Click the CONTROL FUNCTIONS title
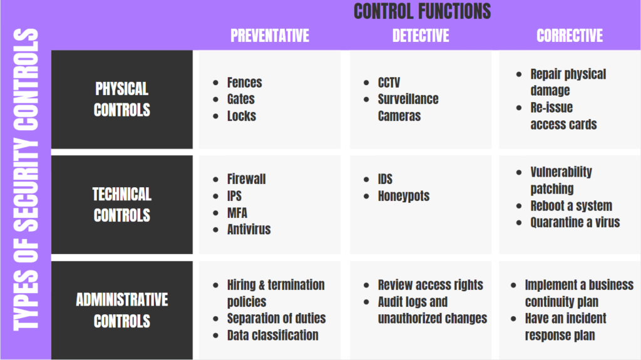click(x=422, y=11)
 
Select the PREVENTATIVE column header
click(x=270, y=36)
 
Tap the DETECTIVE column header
click(x=421, y=36)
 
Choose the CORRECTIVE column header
click(x=570, y=36)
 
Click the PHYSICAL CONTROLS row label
click(x=122, y=99)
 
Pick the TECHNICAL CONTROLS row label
click(x=122, y=205)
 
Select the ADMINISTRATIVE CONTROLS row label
click(x=122, y=311)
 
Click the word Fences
click(x=244, y=83)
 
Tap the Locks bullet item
click(x=241, y=116)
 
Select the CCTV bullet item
click(x=389, y=83)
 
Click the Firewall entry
click(x=246, y=179)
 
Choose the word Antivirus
click(x=249, y=229)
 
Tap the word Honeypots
click(x=403, y=196)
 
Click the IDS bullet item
click(x=385, y=179)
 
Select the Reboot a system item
click(x=571, y=206)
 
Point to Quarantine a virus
click(x=575, y=222)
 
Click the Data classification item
click(x=272, y=335)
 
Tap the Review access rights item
click(x=430, y=285)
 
